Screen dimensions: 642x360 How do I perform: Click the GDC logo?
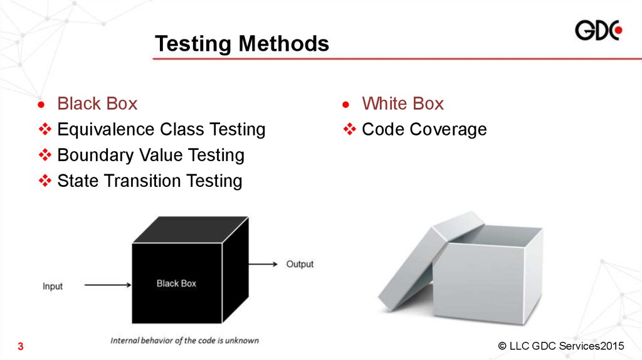click(599, 30)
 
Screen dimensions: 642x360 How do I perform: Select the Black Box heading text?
click(97, 103)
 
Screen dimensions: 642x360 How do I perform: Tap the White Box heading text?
click(403, 103)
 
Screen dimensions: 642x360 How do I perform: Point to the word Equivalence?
click(106, 129)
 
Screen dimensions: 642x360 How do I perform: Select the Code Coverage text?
click(424, 129)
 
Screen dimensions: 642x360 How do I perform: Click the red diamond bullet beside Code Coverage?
click(350, 129)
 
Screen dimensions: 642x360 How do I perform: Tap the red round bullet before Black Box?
click(41, 105)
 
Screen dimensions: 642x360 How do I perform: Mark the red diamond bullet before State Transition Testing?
click(45, 181)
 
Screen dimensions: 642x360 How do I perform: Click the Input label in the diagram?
click(53, 286)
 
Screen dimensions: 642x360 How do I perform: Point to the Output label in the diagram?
click(300, 264)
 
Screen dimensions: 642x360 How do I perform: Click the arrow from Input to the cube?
click(108, 285)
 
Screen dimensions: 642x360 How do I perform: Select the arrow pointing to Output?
click(263, 264)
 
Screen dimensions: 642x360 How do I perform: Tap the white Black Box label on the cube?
click(176, 283)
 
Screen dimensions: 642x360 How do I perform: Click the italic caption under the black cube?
click(185, 341)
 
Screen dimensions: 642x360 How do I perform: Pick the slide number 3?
click(21, 346)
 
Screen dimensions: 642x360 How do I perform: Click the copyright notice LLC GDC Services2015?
click(561, 346)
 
